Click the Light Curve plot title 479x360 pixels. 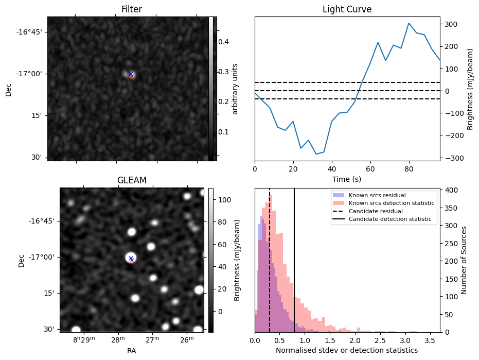click(347, 9)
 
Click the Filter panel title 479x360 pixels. click(132, 9)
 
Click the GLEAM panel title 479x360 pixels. click(132, 180)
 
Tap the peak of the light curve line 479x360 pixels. click(409, 23)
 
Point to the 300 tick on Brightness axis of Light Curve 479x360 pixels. click(452, 24)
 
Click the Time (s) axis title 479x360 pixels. click(347, 178)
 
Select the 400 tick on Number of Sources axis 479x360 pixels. click(451, 190)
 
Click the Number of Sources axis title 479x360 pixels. click(464, 260)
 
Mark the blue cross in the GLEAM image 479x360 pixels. click(131, 258)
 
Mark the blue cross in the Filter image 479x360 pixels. click(131, 74)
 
